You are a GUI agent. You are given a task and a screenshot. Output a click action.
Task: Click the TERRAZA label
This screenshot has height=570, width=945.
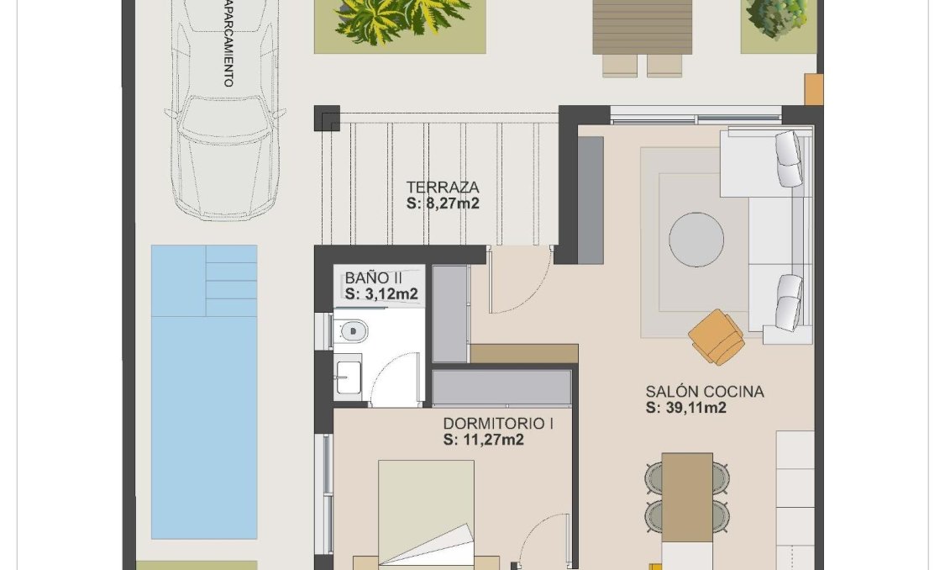click(442, 187)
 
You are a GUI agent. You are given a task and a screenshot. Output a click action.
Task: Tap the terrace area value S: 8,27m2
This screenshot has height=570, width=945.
click(442, 203)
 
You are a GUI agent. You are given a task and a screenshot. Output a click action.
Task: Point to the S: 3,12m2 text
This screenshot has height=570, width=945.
click(381, 293)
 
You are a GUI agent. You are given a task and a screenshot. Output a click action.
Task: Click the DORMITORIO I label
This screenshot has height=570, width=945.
click(497, 424)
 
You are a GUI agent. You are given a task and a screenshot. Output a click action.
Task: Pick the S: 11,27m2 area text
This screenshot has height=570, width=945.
click(484, 439)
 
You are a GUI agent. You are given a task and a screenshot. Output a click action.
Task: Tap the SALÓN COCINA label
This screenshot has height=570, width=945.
click(705, 392)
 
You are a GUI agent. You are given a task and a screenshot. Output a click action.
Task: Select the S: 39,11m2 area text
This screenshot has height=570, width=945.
click(685, 408)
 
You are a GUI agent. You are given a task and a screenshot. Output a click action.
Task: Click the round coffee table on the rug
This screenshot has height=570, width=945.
click(696, 240)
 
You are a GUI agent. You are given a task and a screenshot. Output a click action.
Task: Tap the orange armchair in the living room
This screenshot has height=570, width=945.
click(717, 336)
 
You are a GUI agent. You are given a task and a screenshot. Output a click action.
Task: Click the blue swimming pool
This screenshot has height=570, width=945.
click(203, 420)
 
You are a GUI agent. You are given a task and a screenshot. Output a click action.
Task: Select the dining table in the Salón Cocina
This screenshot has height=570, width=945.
click(686, 496)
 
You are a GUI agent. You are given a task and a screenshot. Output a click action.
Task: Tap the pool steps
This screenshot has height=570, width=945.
click(231, 281)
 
